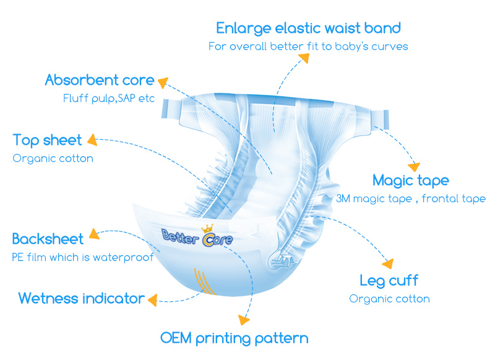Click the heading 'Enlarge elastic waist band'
[x=308, y=28]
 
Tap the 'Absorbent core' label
[x=100, y=80]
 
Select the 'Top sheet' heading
[x=47, y=140]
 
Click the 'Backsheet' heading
[x=47, y=239]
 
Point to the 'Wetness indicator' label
[x=81, y=299]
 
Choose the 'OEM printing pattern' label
[x=234, y=338]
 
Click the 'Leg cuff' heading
[x=389, y=281]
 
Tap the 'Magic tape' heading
[x=411, y=181]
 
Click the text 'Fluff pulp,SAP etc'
[x=109, y=98]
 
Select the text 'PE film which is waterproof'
[x=82, y=257]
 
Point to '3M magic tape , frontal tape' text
[x=411, y=199]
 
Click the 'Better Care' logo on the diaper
[x=197, y=236]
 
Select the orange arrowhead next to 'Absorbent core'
[x=164, y=81]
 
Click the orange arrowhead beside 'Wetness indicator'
[x=152, y=299]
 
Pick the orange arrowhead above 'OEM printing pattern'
[x=244, y=321]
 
